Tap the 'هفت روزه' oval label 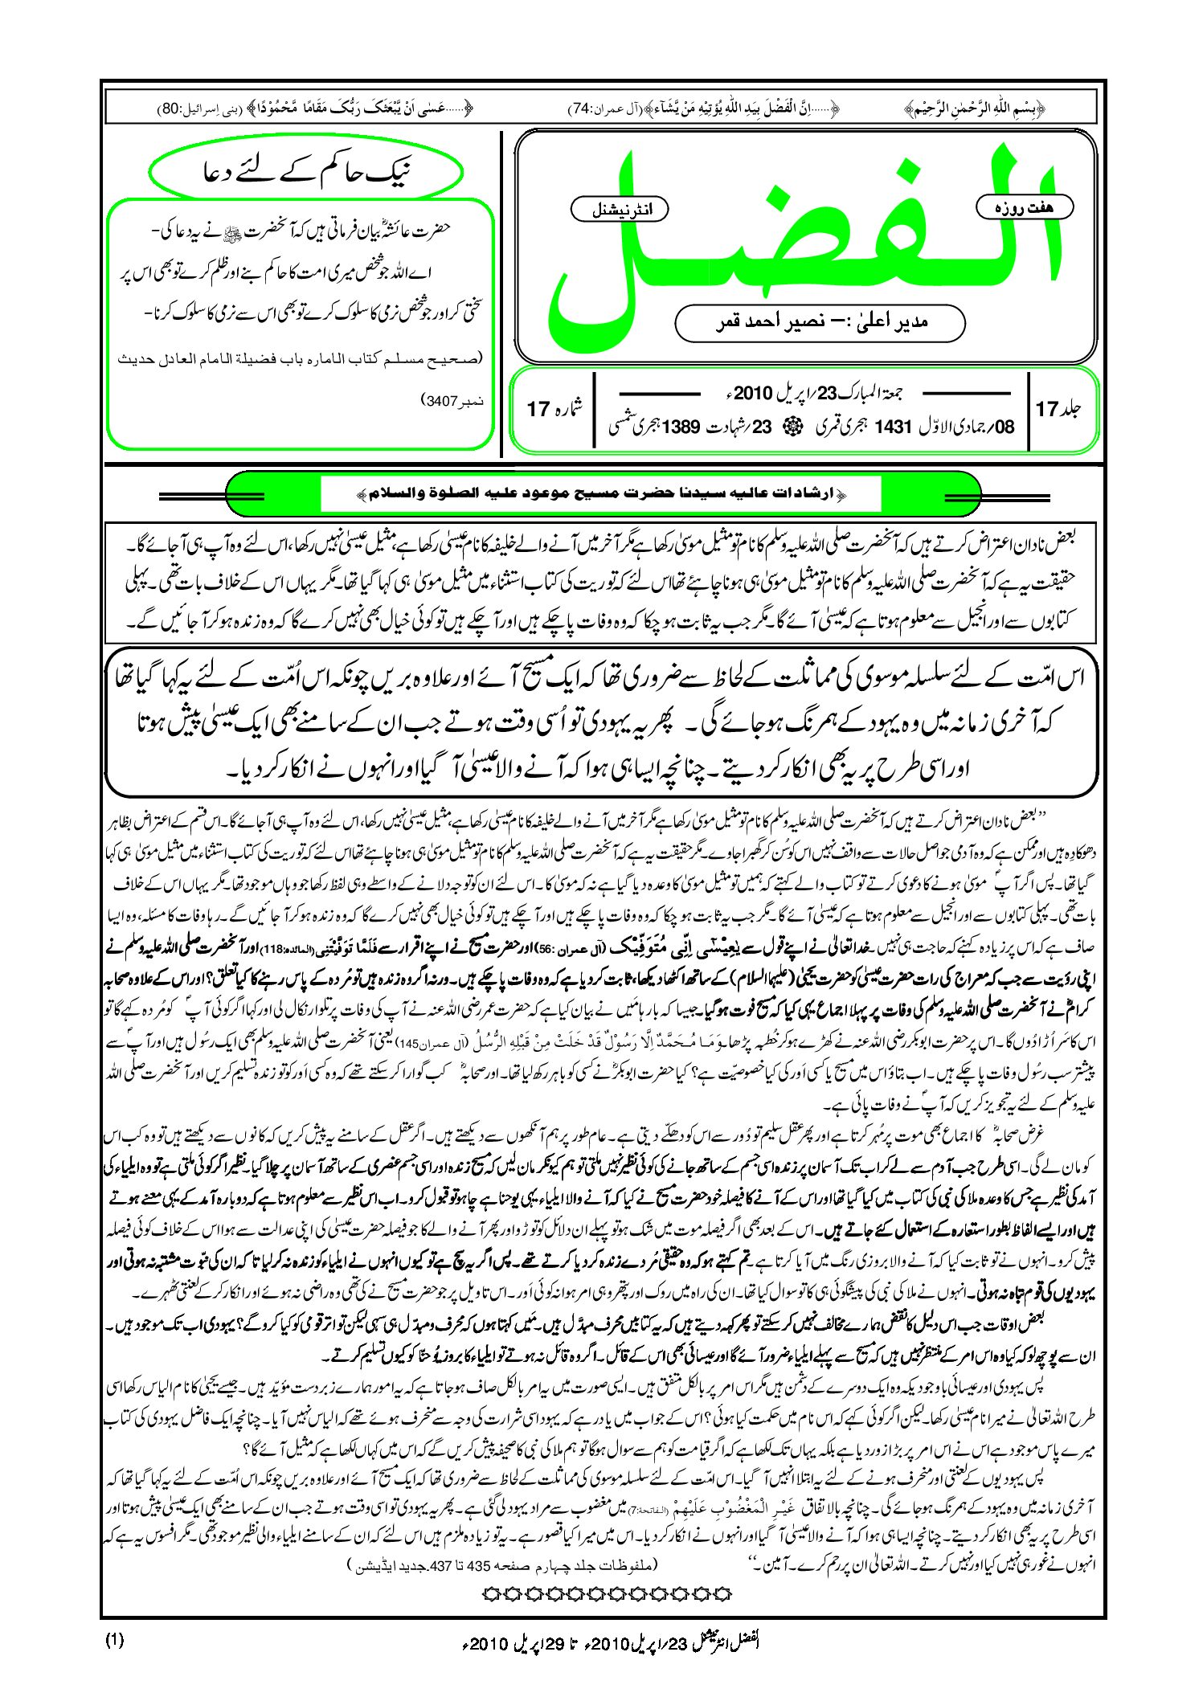pyautogui.click(x=1024, y=207)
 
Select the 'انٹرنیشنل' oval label pyautogui.click(x=619, y=209)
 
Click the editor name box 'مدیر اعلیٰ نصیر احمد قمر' pyautogui.click(x=820, y=322)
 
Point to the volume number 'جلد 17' pyautogui.click(x=1058, y=409)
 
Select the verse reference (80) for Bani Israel pyautogui.click(x=170, y=108)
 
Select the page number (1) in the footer pyautogui.click(x=114, y=1640)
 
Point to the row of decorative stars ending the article pyautogui.click(x=608, y=1593)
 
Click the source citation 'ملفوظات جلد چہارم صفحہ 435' pyautogui.click(x=502, y=1564)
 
